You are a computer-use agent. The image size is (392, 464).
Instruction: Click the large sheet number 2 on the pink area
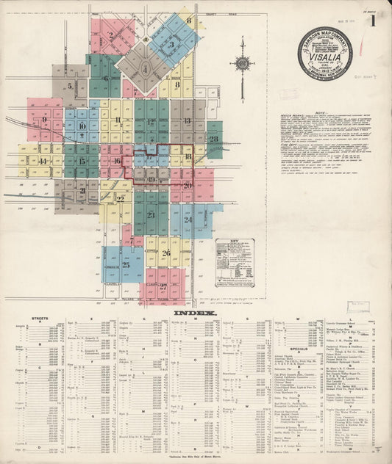point(111,35)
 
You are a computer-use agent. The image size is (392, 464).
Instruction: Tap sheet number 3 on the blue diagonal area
point(171,44)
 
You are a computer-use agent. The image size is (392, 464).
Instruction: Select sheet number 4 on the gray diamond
point(146,70)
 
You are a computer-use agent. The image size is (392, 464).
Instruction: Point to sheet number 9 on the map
point(45,119)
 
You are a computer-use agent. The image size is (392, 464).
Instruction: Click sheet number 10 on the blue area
point(82,126)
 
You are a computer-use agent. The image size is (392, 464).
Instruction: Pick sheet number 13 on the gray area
point(187,120)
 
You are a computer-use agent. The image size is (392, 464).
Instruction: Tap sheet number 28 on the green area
point(213,137)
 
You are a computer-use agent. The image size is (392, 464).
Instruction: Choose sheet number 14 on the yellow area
point(43,161)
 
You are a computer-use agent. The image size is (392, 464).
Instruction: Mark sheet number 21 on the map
point(82,191)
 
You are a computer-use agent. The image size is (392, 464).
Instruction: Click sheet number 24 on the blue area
point(188,220)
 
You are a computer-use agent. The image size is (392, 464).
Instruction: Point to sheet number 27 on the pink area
point(163,286)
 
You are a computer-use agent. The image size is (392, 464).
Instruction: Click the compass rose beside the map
point(242,63)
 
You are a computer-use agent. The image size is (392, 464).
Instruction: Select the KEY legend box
point(235,262)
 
